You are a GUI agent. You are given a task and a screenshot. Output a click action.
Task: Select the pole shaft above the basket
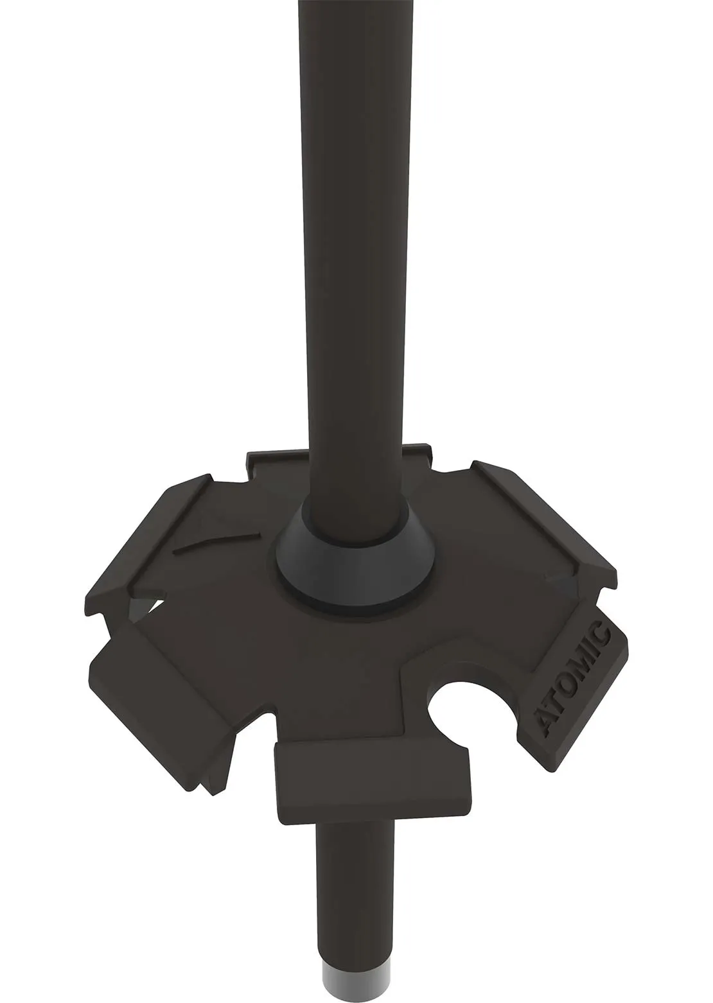355,257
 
